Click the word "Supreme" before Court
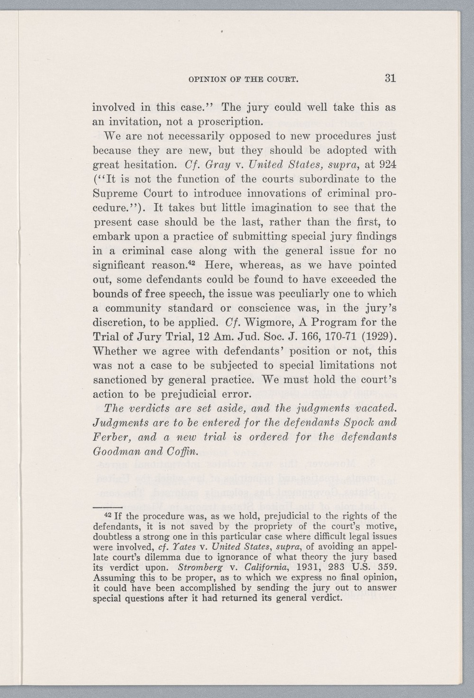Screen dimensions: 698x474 tap(113, 193)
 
